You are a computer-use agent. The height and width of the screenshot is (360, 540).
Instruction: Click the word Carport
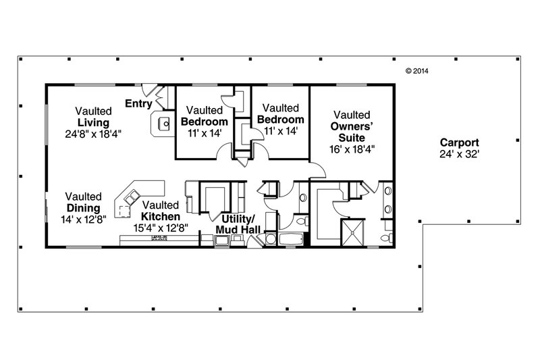(460, 143)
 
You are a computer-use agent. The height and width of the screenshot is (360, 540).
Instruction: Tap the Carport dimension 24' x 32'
(460, 154)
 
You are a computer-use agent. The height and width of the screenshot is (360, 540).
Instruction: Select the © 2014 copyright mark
(417, 71)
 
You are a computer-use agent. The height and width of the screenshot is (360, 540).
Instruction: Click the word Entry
(138, 103)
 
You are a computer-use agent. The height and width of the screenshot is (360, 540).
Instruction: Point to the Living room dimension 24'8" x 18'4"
(93, 134)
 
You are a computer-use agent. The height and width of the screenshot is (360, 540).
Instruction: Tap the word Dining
(83, 208)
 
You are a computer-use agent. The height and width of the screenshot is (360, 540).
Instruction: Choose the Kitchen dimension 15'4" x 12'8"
(161, 228)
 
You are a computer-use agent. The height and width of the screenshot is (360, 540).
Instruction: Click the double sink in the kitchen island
(132, 198)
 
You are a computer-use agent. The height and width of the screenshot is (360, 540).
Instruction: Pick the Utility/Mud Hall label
(238, 224)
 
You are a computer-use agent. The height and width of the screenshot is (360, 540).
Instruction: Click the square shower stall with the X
(352, 233)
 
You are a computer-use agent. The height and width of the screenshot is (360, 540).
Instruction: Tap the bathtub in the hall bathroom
(291, 238)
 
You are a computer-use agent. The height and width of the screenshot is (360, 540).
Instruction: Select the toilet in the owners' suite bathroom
(387, 238)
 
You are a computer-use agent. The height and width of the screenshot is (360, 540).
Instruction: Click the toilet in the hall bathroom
(302, 221)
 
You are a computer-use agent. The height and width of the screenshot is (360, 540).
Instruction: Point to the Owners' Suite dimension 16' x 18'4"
(352, 149)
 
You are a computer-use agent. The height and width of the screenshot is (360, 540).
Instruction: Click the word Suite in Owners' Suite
(352, 138)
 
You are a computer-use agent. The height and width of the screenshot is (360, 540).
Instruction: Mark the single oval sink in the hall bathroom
(303, 198)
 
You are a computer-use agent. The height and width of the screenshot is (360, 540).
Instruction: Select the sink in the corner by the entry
(163, 124)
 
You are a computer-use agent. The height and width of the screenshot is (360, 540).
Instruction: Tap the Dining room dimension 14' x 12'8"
(83, 220)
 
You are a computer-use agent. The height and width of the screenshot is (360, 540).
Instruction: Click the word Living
(93, 123)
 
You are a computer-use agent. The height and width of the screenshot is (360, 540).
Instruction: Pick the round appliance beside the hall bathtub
(271, 239)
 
